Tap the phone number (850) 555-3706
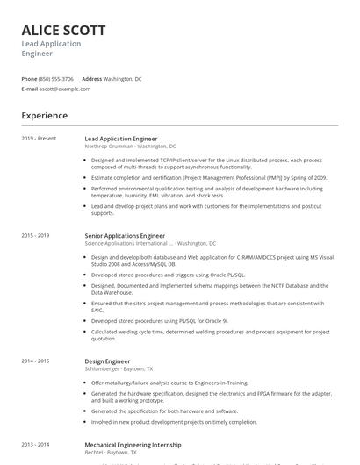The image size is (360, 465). (57, 78)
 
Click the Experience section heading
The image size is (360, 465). (44, 115)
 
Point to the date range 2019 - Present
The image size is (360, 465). (39, 139)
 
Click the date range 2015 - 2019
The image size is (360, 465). (35, 236)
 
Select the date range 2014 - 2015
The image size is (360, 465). (35, 361)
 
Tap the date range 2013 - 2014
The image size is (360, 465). (35, 445)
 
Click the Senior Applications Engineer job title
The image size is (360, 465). (125, 236)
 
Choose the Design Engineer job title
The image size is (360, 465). (107, 361)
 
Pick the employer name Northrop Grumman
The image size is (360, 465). (109, 146)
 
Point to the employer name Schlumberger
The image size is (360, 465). (103, 368)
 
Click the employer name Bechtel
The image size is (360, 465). (94, 453)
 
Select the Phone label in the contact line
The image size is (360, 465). (29, 78)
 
